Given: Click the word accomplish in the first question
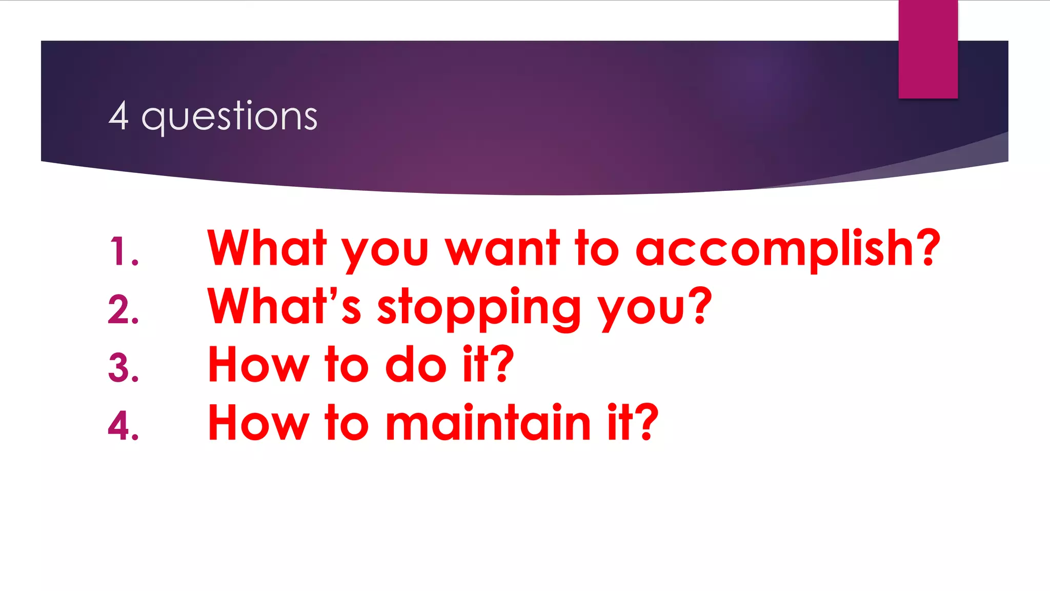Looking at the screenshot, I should (x=774, y=250).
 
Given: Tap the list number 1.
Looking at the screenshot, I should (x=123, y=251).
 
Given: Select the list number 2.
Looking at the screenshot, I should (x=123, y=310).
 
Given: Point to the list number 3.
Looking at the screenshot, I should (x=123, y=368).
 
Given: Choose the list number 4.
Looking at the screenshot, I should (x=123, y=426).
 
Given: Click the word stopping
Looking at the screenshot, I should (x=479, y=309).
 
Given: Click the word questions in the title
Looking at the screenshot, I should (x=229, y=117).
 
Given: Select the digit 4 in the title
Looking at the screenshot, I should (x=118, y=116).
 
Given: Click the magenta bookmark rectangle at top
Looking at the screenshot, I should (x=928, y=49).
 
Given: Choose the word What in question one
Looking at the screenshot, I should (x=267, y=249).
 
